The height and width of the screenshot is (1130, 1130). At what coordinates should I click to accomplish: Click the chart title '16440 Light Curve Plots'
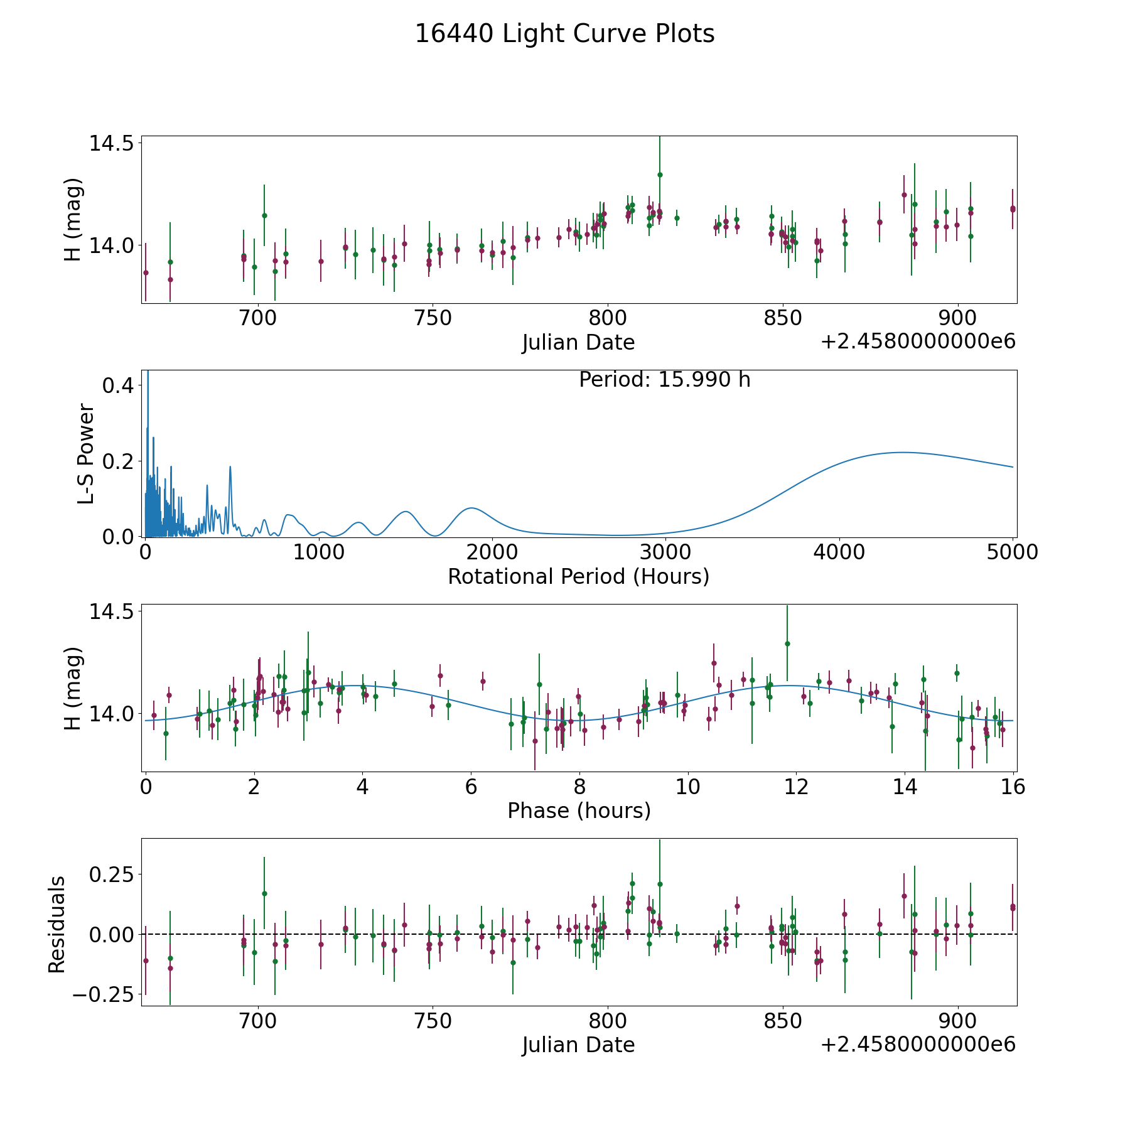pyautogui.click(x=564, y=34)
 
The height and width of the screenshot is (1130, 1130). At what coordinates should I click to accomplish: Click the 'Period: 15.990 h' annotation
pyautogui.click(x=664, y=380)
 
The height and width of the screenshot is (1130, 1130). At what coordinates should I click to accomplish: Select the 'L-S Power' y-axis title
pyautogui.click(x=86, y=454)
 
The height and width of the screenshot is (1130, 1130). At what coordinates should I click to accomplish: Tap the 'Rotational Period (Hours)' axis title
pyautogui.click(x=578, y=576)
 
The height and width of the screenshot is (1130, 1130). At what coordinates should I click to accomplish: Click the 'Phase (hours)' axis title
pyautogui.click(x=579, y=810)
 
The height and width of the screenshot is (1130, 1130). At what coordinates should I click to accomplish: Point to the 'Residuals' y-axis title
pyautogui.click(x=57, y=925)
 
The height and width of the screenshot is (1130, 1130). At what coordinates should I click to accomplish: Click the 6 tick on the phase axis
pyautogui.click(x=471, y=787)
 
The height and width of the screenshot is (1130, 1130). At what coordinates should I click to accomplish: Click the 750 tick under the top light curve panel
pyautogui.click(x=433, y=318)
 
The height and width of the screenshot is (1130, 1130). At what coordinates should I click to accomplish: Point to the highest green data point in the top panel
pyautogui.click(x=660, y=175)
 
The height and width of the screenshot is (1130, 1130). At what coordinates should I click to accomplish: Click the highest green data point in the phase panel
pyautogui.click(x=787, y=643)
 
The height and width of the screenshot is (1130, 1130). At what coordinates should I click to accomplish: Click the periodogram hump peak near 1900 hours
pyautogui.click(x=471, y=508)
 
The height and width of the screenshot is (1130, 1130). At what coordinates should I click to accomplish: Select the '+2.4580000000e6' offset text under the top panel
pyautogui.click(x=918, y=342)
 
